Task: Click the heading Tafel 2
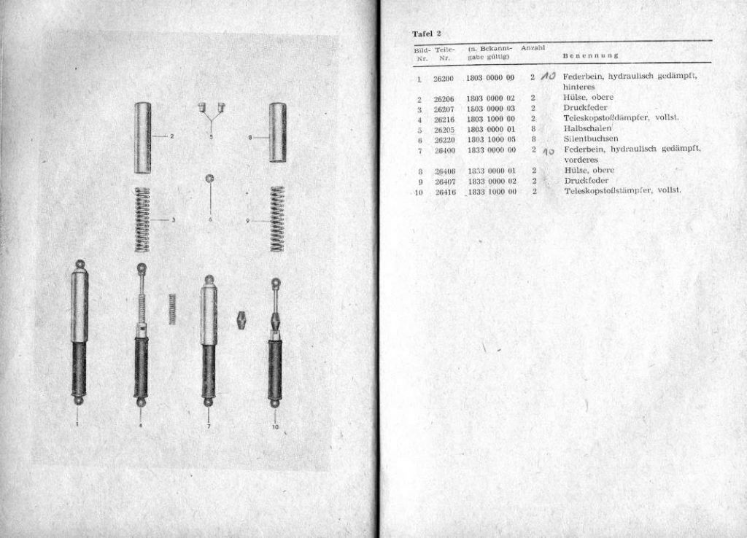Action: pyautogui.click(x=427, y=34)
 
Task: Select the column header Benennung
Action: pyautogui.click(x=591, y=55)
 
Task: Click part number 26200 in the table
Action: pyautogui.click(x=444, y=77)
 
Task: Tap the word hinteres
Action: pyautogui.click(x=580, y=86)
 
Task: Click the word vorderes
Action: pyautogui.click(x=581, y=160)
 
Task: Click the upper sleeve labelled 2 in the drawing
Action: pyautogui.click(x=142, y=137)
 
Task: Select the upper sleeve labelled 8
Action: pyautogui.click(x=277, y=132)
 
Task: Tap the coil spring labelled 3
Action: pyautogui.click(x=142, y=219)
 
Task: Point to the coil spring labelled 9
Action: pyautogui.click(x=277, y=219)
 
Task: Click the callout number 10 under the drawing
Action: pyautogui.click(x=275, y=427)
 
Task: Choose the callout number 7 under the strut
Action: pyautogui.click(x=209, y=426)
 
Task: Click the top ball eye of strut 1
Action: pyautogui.click(x=79, y=263)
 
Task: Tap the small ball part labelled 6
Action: pyautogui.click(x=210, y=179)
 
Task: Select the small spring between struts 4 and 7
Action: pyautogui.click(x=173, y=308)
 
